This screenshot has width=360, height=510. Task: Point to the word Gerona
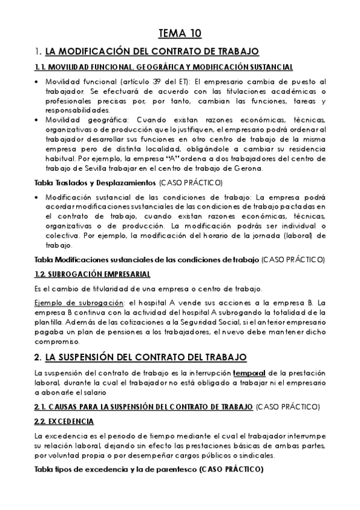point(248,169)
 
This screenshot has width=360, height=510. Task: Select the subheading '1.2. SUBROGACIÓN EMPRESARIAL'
point(92,274)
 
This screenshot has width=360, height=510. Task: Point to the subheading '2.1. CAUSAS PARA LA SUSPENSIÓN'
point(144,406)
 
